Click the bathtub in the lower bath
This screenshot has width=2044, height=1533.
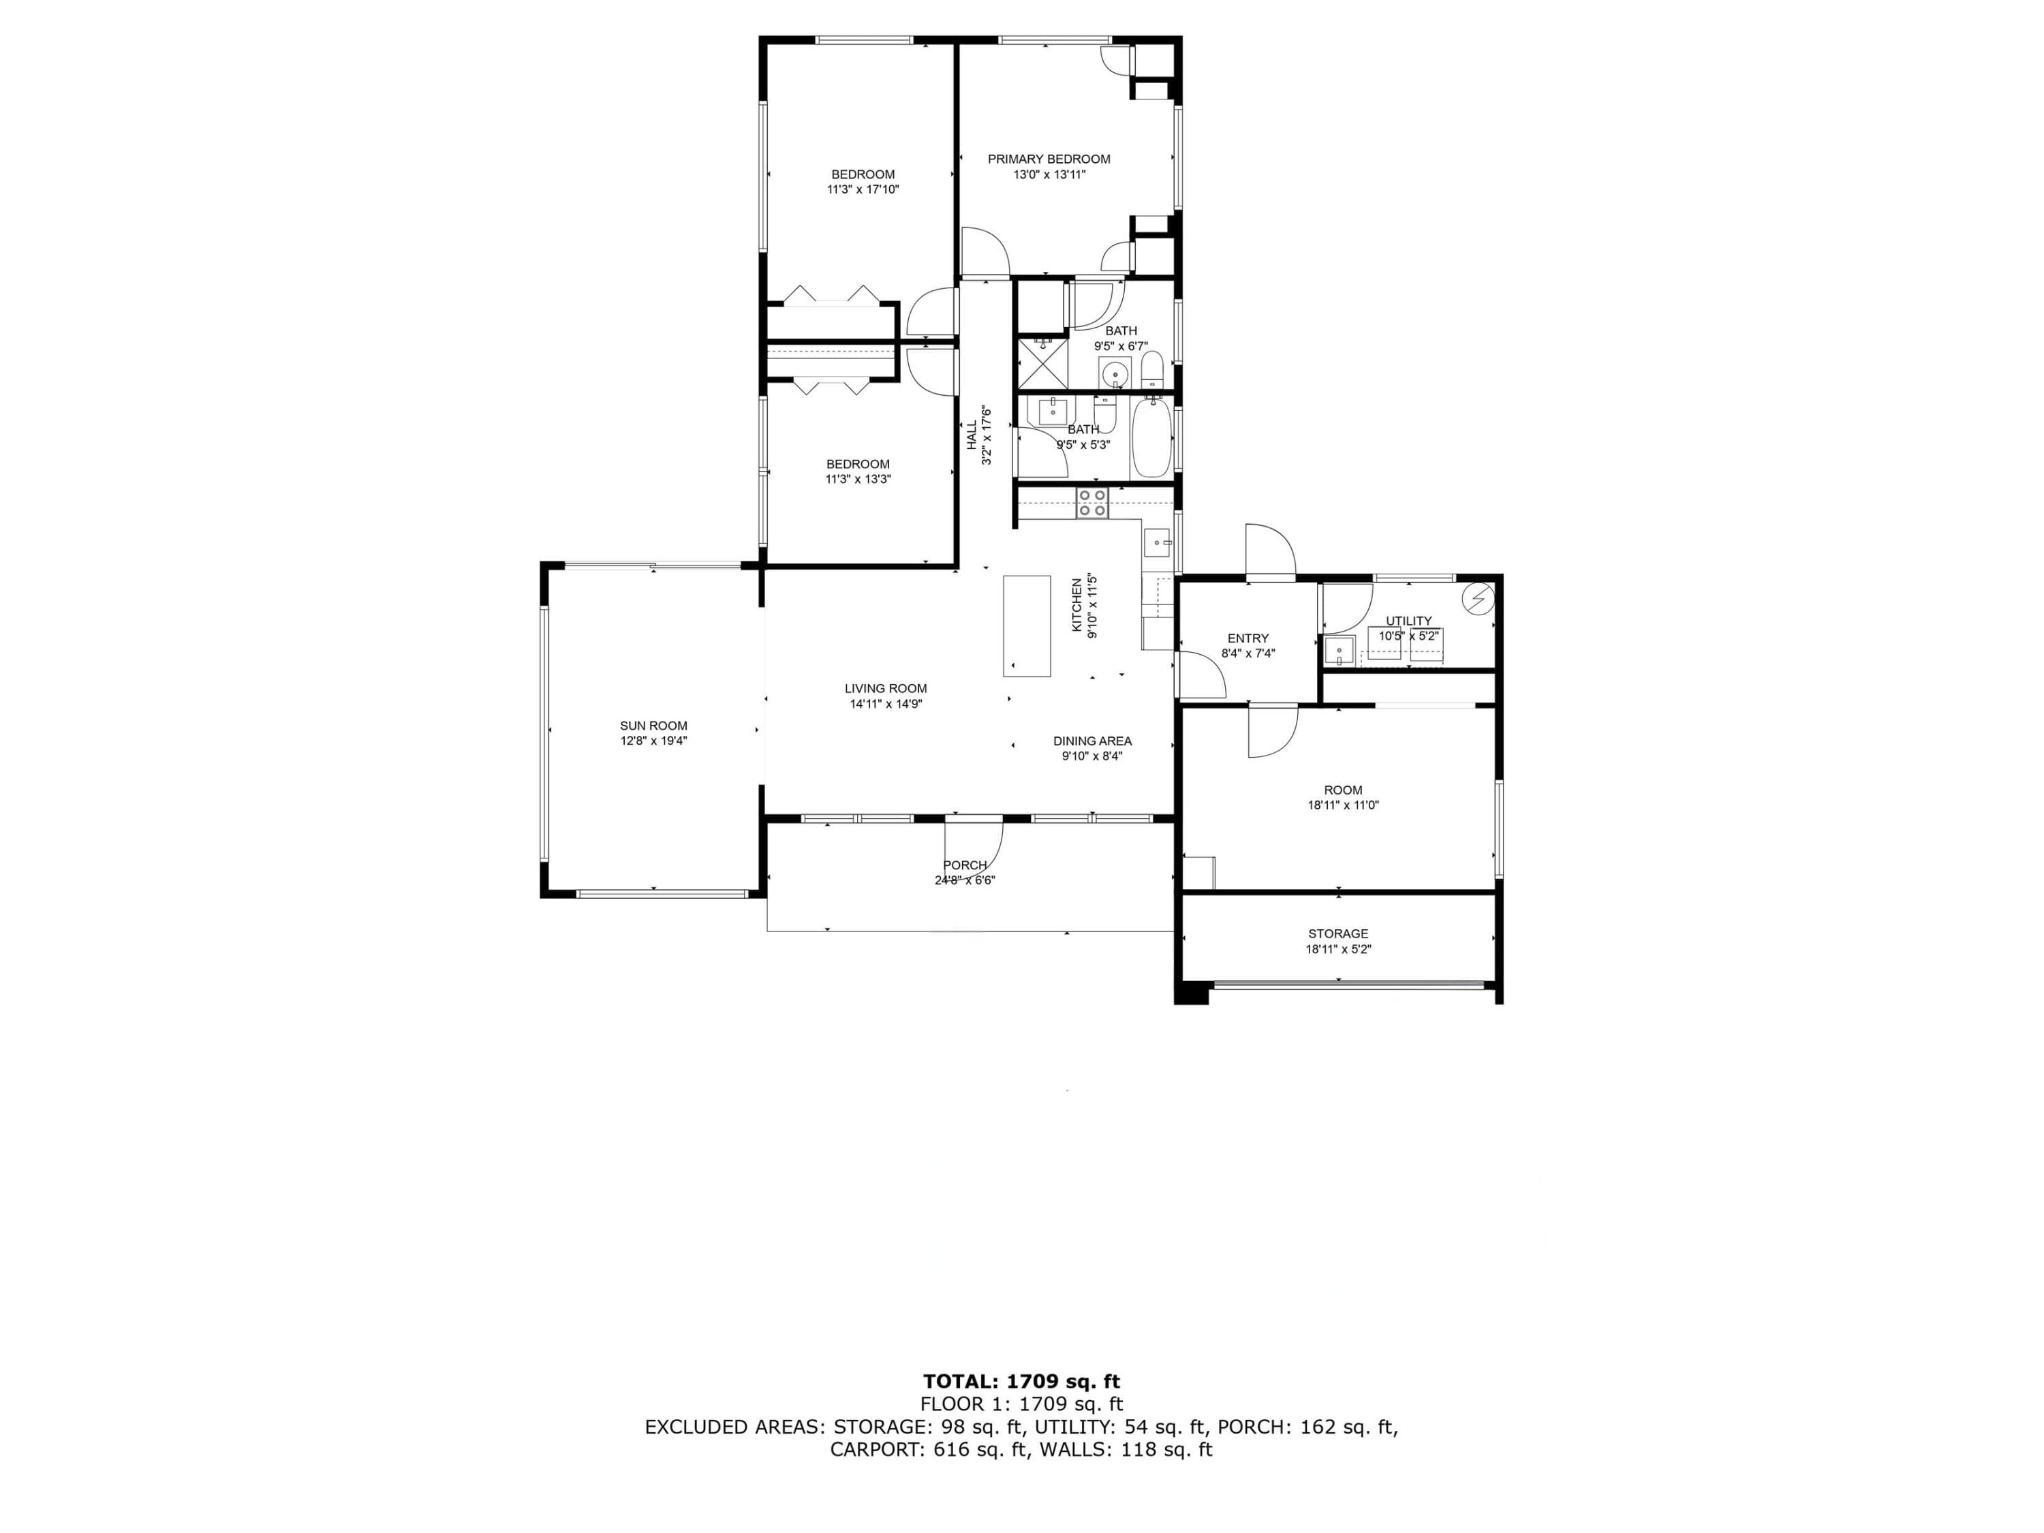pyautogui.click(x=1151, y=438)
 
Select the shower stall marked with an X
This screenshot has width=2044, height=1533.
pyautogui.click(x=1042, y=363)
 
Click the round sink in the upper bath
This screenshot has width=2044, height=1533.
pyautogui.click(x=1116, y=374)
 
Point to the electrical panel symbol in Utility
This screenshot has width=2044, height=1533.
pyautogui.click(x=1476, y=600)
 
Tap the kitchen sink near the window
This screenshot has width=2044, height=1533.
pyautogui.click(x=1158, y=542)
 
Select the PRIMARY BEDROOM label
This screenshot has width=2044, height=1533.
pyautogui.click(x=1049, y=159)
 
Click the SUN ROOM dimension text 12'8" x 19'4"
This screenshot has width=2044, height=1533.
pyautogui.click(x=653, y=740)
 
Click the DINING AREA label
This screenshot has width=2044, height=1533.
pyautogui.click(x=1092, y=741)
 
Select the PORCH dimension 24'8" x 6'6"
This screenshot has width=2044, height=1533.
pyautogui.click(x=965, y=880)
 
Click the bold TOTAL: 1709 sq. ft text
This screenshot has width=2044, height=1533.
pyautogui.click(x=1021, y=1382)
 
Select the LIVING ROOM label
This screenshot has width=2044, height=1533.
pyautogui.click(x=885, y=688)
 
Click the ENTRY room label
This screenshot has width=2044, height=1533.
pyautogui.click(x=1248, y=638)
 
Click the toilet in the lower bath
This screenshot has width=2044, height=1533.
pyautogui.click(x=1106, y=415)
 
